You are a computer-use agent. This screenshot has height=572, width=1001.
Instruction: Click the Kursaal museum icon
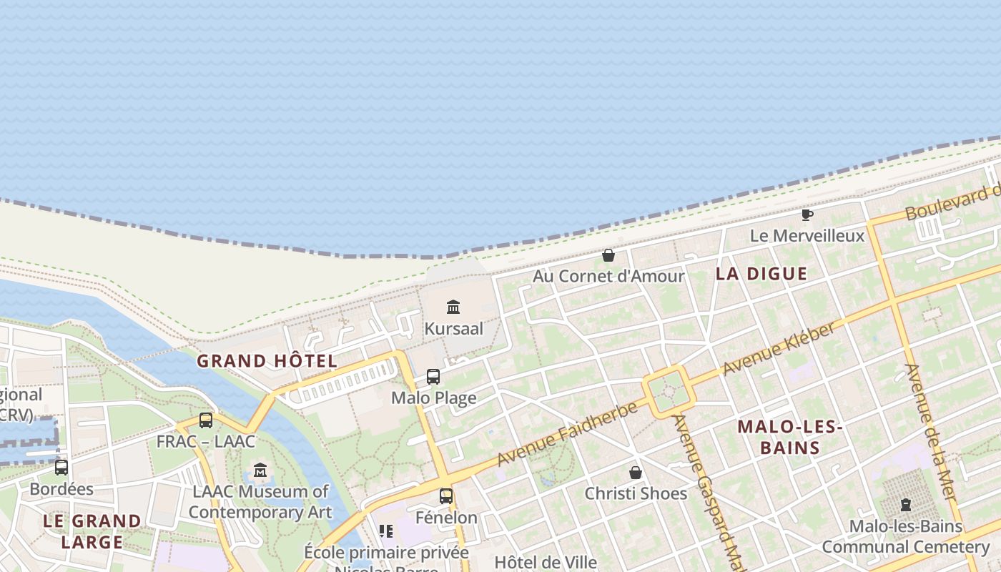[453, 307]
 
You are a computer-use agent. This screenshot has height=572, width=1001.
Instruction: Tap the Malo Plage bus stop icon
[433, 377]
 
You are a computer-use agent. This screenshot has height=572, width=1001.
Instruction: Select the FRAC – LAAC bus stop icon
[206, 420]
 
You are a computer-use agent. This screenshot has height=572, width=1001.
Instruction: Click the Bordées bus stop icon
[61, 468]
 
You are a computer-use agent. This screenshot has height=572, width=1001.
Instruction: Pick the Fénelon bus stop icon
[446, 495]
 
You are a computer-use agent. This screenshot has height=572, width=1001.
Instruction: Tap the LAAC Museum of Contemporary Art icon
[260, 470]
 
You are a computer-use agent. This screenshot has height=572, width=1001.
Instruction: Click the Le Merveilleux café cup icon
[807, 214]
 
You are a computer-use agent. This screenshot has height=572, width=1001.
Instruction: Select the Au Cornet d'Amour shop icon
[608, 255]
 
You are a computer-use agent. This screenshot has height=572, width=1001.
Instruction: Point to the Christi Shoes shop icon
[636, 473]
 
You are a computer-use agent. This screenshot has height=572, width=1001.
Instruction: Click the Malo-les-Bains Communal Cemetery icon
[906, 505]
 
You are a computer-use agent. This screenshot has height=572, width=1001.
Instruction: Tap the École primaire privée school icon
[386, 531]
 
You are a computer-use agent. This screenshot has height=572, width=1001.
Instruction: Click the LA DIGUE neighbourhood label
[761, 274]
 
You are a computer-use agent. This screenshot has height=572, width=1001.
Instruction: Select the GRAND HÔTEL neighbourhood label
[267, 361]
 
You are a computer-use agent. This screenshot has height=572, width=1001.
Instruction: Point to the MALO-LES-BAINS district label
[790, 438]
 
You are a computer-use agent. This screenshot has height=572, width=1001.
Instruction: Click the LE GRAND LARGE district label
[92, 531]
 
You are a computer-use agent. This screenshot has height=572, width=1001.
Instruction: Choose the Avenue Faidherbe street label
[567, 434]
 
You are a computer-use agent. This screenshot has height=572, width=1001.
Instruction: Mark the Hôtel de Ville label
[546, 562]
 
